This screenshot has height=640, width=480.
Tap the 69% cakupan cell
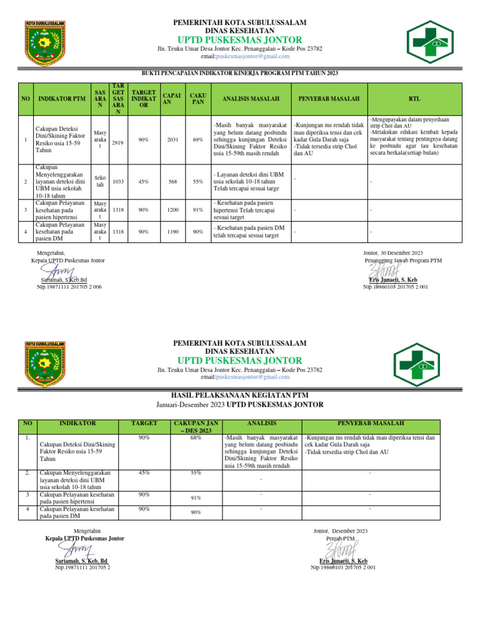[x=198, y=139]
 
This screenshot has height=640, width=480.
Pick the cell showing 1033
[x=117, y=181]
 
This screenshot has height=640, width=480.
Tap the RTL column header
[x=414, y=99]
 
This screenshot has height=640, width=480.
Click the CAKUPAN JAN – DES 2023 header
[x=196, y=427]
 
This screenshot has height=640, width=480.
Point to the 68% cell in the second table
[x=196, y=438]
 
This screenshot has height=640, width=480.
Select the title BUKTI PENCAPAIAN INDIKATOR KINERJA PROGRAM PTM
[x=240, y=74]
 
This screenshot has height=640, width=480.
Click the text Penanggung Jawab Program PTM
[x=404, y=260]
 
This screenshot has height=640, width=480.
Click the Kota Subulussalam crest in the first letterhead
[x=46, y=42]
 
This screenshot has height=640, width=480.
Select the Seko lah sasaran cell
[x=100, y=181]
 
